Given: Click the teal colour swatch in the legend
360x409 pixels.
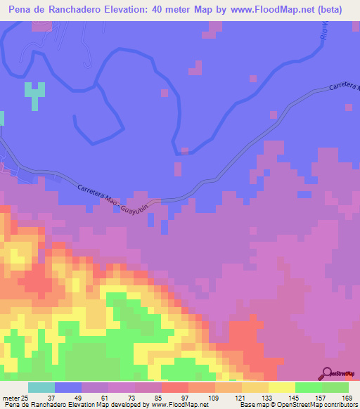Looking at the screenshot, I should pos(41,387).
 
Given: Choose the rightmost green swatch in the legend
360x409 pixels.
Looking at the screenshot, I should pos(335,387).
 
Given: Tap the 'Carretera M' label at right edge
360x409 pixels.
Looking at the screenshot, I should pos(344,87).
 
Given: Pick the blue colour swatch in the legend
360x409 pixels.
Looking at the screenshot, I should pos(67,387).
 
